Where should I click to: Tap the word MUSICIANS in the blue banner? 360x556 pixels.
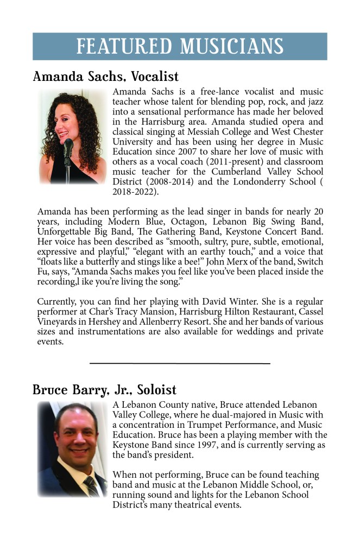coord(232,47)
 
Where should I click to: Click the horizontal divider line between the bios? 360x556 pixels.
coord(180,363)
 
